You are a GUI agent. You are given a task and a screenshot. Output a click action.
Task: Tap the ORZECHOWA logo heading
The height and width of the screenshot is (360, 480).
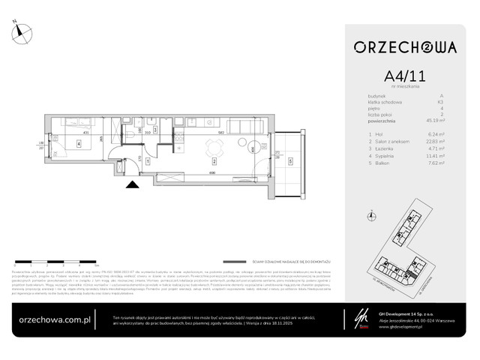(x=406, y=47)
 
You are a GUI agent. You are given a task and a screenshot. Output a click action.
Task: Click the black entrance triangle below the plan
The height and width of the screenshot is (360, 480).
(x=132, y=184)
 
